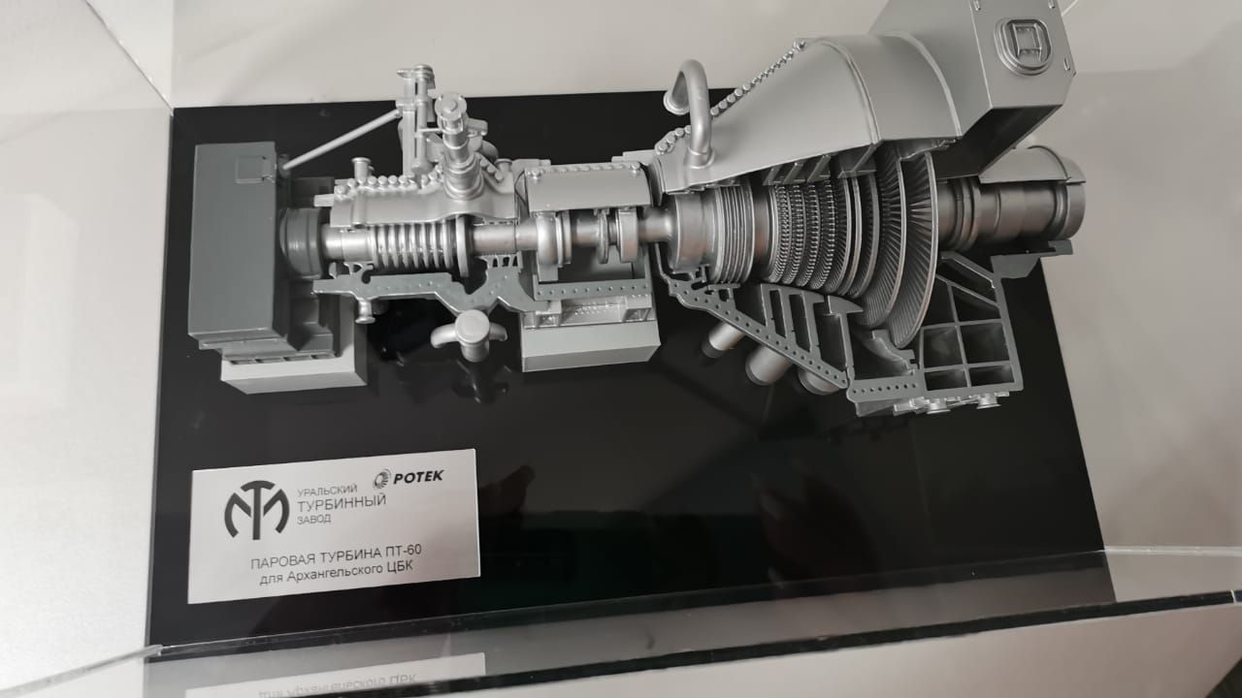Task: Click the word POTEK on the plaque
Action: (x=418, y=476)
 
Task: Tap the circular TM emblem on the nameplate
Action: (x=257, y=509)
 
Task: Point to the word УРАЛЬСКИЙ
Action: (x=327, y=491)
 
